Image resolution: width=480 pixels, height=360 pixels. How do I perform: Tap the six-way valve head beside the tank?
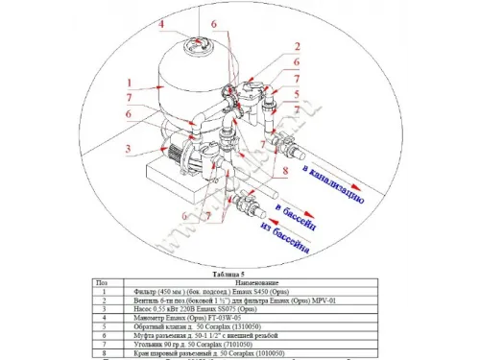[252, 96]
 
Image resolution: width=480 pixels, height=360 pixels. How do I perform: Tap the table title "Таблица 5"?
[232, 273]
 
